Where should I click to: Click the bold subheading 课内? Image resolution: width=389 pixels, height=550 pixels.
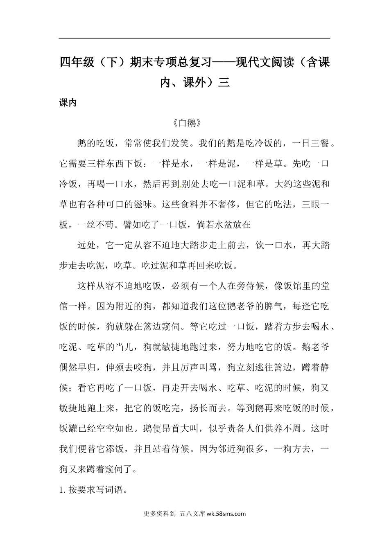click(x=68, y=103)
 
